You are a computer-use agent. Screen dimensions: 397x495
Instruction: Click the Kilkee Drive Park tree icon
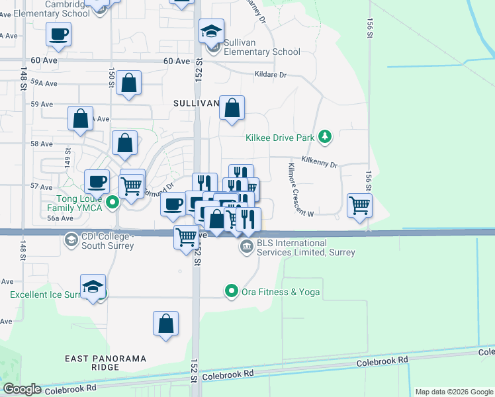(x=324, y=137)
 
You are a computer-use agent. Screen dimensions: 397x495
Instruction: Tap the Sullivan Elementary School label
(x=261, y=47)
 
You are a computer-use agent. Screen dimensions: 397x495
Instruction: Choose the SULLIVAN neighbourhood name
(x=196, y=103)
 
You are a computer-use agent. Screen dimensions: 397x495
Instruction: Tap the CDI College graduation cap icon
(x=71, y=239)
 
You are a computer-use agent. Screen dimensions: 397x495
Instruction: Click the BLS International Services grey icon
(x=246, y=247)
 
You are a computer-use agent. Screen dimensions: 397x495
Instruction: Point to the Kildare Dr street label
(x=270, y=75)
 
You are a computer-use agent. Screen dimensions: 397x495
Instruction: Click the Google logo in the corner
(x=22, y=389)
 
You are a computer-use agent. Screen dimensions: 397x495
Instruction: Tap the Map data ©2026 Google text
(x=453, y=392)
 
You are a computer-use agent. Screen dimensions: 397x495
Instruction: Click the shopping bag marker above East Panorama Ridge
(x=165, y=324)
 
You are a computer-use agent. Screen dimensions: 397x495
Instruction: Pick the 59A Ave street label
(x=44, y=83)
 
